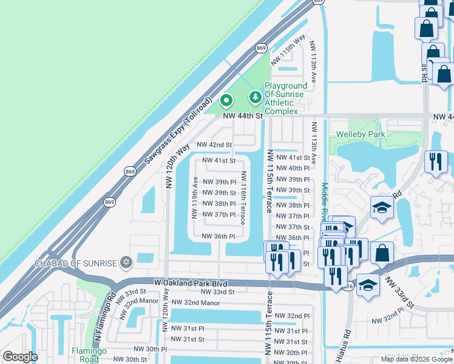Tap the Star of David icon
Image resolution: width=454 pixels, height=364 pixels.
126,262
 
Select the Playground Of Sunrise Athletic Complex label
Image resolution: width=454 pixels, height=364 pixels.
281,99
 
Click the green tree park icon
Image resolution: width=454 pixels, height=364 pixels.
256,96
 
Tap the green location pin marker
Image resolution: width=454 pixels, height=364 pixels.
226,100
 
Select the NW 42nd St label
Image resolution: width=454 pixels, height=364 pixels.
215,145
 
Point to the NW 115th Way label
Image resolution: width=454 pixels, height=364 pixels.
288,50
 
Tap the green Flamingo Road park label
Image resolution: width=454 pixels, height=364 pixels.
90,354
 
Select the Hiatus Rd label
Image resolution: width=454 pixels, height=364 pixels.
347,343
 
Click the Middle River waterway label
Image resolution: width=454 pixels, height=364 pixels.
325,200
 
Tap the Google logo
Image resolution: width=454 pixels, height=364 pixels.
20,357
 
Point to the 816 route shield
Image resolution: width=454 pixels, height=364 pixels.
347,286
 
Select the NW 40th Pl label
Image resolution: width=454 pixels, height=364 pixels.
293,168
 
